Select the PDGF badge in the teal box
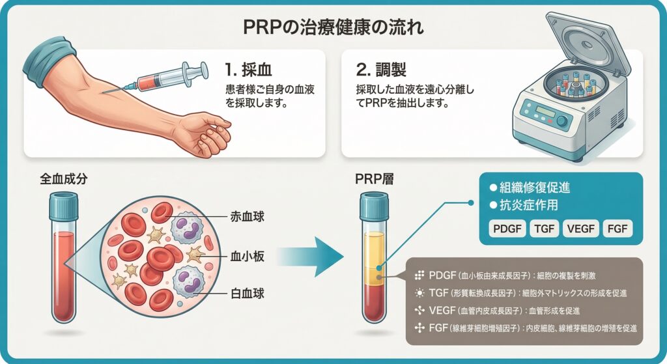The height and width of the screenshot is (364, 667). coord(507,229)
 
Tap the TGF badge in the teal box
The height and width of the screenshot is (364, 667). coord(543,229)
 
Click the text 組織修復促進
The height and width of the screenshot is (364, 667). coord(534,187)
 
